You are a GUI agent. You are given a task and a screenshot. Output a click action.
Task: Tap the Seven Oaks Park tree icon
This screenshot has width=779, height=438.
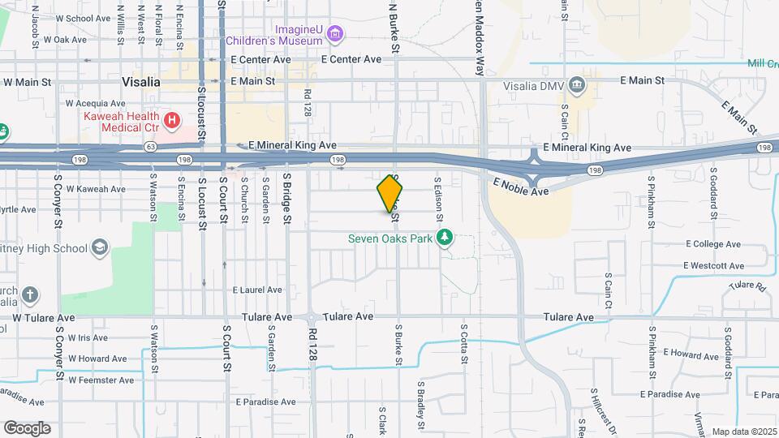tap(444, 238)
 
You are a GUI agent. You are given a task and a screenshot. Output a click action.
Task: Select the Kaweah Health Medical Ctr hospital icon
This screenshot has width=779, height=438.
tap(171, 122)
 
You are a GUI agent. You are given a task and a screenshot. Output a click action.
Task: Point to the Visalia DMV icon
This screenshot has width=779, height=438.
tap(576, 84)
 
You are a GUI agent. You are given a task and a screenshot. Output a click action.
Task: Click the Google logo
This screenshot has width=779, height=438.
tap(27, 428)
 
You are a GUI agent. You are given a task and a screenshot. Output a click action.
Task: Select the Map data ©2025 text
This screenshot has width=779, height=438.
tap(743, 432)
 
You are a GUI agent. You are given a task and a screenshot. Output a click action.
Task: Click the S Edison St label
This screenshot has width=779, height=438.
tap(438, 199)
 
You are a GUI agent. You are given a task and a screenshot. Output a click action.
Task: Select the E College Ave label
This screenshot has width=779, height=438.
tap(713, 244)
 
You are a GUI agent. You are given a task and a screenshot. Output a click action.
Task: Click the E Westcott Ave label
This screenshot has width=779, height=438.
tap(714, 265)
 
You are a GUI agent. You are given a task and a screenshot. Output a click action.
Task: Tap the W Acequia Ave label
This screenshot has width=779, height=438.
tap(96, 103)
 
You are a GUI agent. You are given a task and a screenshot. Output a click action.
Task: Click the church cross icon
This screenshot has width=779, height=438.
tap(30, 294)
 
